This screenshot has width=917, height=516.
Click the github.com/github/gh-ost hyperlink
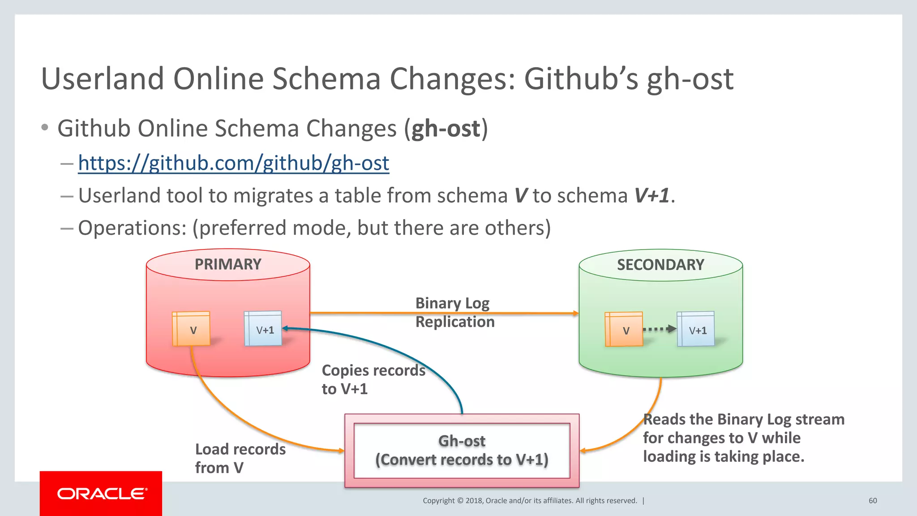coord(233,163)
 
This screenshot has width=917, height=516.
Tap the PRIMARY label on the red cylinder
coord(228,264)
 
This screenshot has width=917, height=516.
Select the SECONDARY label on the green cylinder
coord(660,265)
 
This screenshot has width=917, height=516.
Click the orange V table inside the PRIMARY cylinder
coord(192,329)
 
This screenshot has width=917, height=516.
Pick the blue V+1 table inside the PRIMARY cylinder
coord(263,329)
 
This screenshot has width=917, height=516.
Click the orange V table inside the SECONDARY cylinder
coord(624,330)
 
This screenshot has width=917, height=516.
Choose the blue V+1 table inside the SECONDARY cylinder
coord(696,330)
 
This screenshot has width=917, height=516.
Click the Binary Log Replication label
coord(454,312)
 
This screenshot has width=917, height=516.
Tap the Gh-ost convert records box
coord(462,450)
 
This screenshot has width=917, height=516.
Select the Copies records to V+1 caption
coord(373,379)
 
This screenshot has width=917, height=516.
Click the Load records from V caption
coord(240,458)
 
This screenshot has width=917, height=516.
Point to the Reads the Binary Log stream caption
coord(743,438)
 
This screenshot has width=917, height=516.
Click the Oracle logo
coord(101,494)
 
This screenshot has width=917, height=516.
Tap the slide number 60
coord(873,501)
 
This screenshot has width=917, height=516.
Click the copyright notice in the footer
coord(530,501)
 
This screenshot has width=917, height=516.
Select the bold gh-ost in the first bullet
coord(446,129)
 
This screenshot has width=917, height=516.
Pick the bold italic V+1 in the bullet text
coord(651,196)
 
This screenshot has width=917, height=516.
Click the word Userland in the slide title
coord(103,79)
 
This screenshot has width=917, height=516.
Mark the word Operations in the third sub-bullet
coord(132,228)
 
